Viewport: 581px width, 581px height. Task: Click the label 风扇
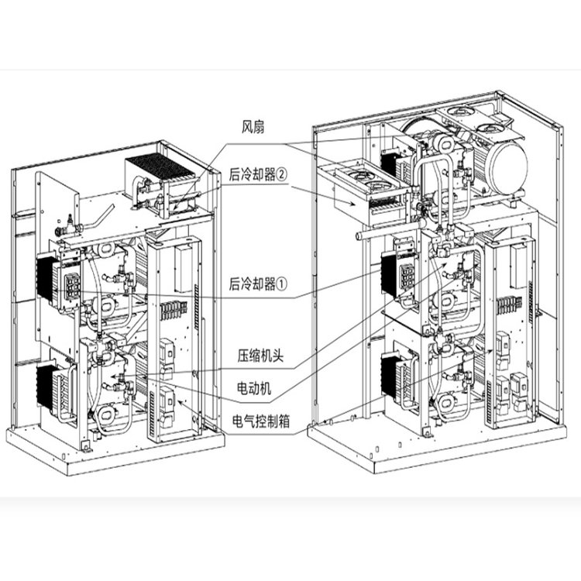253,127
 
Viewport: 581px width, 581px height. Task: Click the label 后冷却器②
258,174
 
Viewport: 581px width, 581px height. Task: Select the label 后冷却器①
258,284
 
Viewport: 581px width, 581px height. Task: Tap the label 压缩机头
260,356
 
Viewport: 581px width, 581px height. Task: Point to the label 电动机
254,388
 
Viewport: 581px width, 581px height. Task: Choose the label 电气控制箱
261,421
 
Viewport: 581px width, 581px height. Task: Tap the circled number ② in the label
281,174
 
